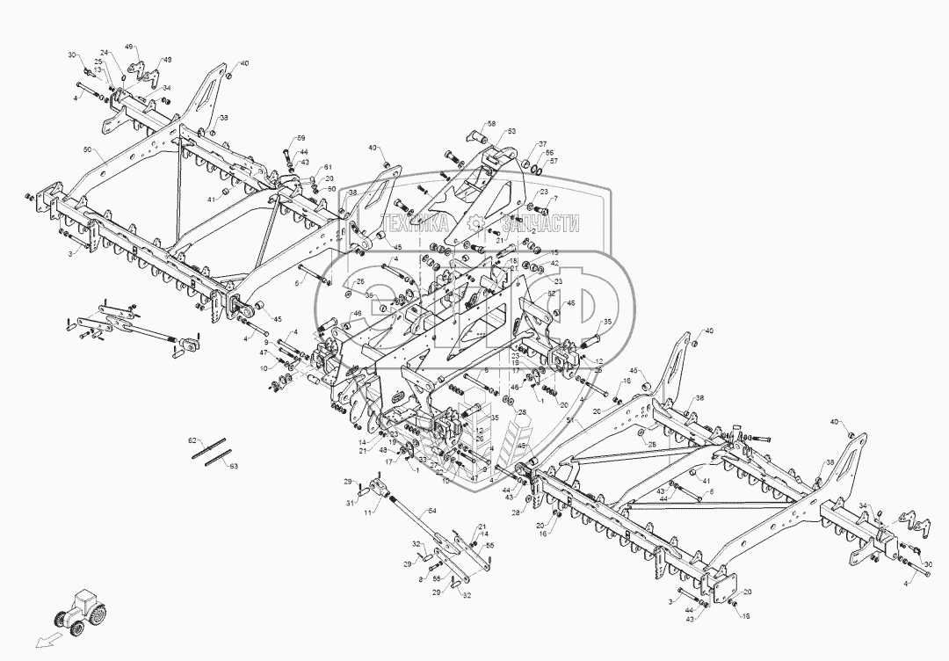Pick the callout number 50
(x=87, y=151)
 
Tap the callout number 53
(x=511, y=132)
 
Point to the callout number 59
(x=301, y=139)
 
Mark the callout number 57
(x=554, y=162)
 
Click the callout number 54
(x=431, y=510)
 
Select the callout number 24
(x=103, y=52)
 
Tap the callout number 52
(x=552, y=294)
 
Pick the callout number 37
(x=542, y=144)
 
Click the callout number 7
(x=554, y=199)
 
